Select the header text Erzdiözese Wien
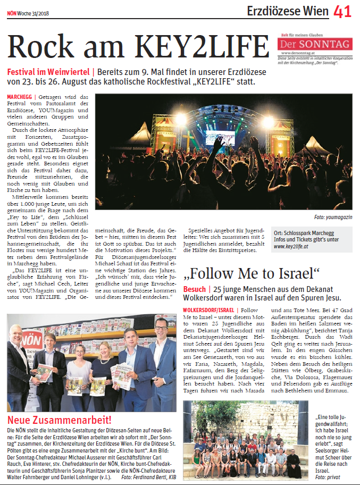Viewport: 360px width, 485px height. [x=287, y=11]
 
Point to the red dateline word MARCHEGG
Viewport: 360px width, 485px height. [x=20, y=97]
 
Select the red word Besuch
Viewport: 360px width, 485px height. [x=194, y=289]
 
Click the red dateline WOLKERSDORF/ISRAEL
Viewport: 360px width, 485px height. [x=209, y=310]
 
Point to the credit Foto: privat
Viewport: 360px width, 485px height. [x=328, y=478]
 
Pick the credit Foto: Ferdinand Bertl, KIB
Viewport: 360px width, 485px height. [x=148, y=477]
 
